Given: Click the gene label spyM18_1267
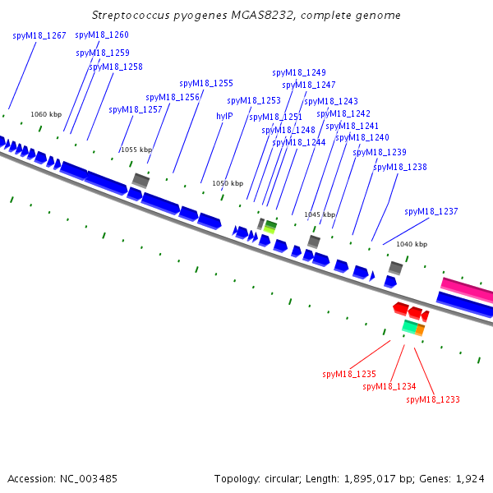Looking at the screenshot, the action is point(39,36).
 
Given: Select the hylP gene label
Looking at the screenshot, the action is point(224,117).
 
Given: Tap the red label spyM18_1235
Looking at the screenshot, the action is point(349,374).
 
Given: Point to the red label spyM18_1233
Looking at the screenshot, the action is point(433,399).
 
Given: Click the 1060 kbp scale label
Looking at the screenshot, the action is point(46,114).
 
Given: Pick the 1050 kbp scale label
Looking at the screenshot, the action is point(228,183).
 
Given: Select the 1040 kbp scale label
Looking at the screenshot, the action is point(412,244).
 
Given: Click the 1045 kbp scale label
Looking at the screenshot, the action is point(320,214).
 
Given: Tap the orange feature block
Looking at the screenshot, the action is point(420,329).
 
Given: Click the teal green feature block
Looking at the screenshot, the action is point(410,326).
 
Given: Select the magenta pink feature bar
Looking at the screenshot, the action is point(467,288).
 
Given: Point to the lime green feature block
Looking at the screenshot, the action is point(270,229).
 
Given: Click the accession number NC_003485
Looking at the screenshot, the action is point(89,479).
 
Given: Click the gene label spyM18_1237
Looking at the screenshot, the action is point(431,211).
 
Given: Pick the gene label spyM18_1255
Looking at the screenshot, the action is point(206,83).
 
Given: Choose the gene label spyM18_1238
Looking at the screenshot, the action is point(400,167).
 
